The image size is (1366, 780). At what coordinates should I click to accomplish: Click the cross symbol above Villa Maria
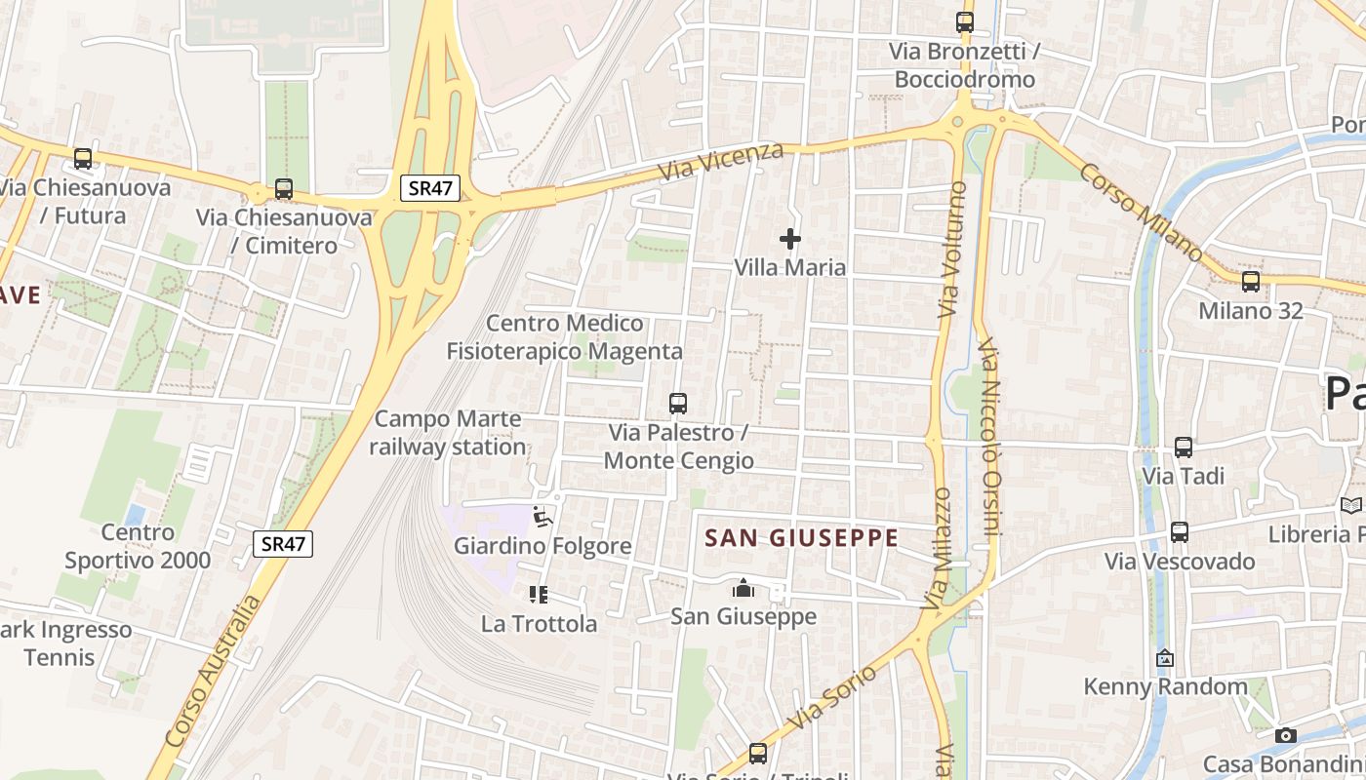coord(790,238)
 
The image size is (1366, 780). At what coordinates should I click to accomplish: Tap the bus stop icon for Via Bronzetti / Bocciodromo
coord(965,21)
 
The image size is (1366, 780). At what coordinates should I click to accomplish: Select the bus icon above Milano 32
coord(1250,282)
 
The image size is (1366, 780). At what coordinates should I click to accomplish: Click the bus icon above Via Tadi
coord(1184,448)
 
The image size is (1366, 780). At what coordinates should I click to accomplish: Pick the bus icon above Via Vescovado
coord(1180,532)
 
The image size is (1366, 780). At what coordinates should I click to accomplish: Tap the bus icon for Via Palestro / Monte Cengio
coord(677,403)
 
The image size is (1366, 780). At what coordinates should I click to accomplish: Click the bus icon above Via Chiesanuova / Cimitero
coord(284,189)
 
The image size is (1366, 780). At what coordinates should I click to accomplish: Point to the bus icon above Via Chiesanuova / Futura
coord(83,159)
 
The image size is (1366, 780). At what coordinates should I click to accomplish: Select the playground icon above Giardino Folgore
coord(543,517)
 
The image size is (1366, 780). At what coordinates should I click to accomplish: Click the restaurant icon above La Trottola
coord(539,594)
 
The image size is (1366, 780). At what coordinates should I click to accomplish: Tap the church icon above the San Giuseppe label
coord(743,588)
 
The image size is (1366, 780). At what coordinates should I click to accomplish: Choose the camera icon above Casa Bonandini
coord(1286,735)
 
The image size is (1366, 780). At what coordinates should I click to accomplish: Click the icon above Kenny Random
coord(1164,658)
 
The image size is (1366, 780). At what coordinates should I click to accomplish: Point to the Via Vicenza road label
coord(721,161)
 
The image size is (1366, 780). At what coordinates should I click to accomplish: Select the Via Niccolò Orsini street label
coord(990,437)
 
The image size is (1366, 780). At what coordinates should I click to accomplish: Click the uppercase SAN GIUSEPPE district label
coord(801,537)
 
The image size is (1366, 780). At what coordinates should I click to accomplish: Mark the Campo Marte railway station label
coord(449,433)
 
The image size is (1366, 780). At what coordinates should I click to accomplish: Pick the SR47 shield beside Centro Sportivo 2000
coord(283,544)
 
